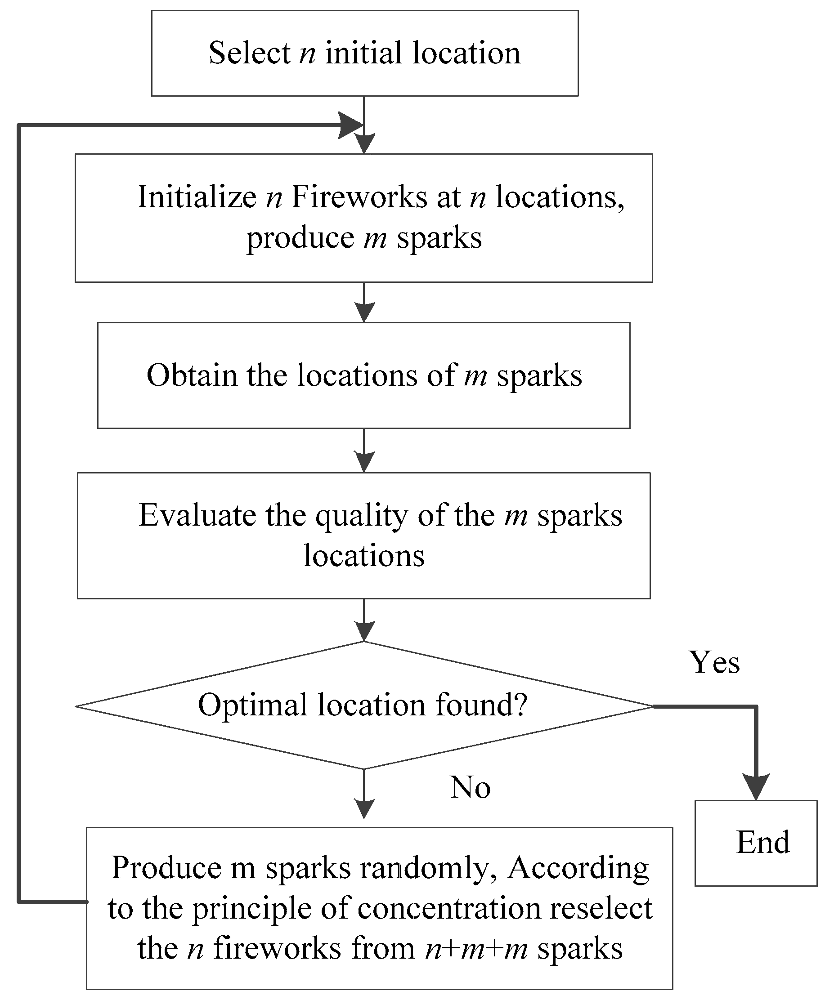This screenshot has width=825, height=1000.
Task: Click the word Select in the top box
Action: [249, 53]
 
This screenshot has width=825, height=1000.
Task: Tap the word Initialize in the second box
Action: [197, 196]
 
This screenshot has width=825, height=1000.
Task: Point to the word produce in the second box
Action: [300, 238]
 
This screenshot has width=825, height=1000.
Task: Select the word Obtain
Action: [192, 375]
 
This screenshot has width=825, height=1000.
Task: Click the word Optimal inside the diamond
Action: [252, 705]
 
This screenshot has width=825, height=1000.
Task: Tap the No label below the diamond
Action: [470, 787]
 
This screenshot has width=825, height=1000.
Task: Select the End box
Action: [755, 843]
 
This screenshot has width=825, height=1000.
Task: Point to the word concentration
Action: [449, 908]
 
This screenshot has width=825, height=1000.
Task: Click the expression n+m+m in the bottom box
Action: [476, 949]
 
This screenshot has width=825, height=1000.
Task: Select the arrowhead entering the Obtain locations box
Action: [364, 312]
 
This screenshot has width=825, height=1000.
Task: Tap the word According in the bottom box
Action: [578, 867]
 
